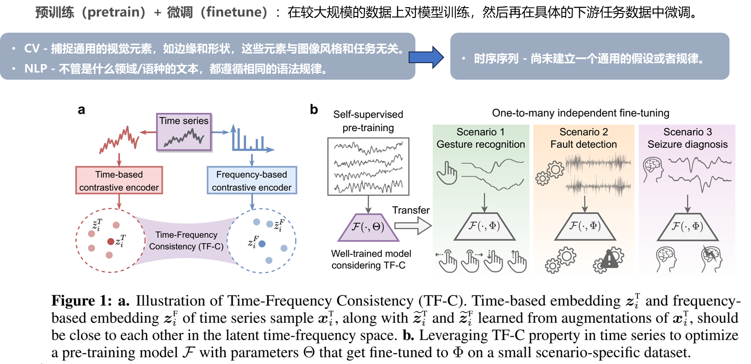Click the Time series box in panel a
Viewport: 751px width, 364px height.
tap(184, 132)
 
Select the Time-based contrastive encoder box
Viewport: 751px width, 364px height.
tap(119, 180)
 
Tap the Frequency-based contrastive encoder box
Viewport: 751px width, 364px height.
tap(252, 180)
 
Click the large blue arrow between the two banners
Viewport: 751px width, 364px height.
tap(426, 57)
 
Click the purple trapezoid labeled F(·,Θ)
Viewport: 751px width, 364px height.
tap(367, 227)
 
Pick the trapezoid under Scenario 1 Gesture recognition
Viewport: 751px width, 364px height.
tap(484, 226)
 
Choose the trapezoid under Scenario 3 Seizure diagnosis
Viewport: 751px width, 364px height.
tap(687, 226)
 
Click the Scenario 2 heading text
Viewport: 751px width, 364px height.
tap(583, 132)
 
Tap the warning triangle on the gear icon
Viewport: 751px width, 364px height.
tap(609, 260)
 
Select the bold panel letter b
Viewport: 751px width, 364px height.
tap(314, 110)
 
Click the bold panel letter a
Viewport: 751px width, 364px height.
tap(81, 110)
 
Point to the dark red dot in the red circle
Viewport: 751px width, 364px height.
tap(111, 242)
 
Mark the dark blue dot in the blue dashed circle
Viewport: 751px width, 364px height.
tap(262, 244)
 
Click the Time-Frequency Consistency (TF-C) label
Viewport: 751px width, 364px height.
tap(186, 240)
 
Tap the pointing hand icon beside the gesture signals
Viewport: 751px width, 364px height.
tap(447, 173)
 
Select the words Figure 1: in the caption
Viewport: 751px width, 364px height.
tap(81, 300)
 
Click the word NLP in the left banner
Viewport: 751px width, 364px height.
tap(36, 69)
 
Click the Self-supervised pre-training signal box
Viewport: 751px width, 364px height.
tap(368, 167)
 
